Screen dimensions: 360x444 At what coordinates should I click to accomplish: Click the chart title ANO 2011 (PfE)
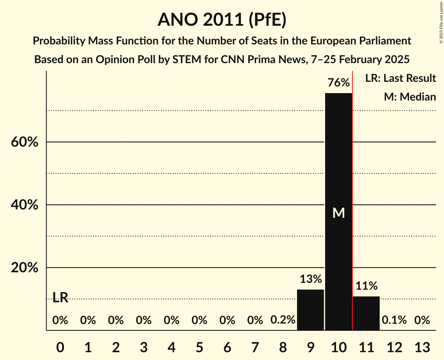222,19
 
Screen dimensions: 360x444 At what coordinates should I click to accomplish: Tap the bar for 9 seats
311,310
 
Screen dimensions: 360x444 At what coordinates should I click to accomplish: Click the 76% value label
338,83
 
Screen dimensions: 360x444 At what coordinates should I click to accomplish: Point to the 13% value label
311,279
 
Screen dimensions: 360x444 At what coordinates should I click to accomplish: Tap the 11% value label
366,286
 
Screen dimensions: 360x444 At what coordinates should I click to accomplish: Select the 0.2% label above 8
283,320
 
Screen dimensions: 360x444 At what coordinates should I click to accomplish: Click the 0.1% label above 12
394,320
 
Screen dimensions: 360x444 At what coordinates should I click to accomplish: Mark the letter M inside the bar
338,213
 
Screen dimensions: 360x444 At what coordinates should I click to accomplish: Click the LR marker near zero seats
60,298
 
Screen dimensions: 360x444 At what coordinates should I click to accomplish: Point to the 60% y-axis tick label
25,142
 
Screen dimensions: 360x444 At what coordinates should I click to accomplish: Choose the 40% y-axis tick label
25,205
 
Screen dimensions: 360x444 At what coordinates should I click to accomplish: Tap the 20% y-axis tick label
25,268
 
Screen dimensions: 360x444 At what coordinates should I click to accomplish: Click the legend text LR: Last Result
400,78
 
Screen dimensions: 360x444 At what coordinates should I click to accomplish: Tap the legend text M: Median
410,97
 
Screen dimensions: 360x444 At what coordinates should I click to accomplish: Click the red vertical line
352,195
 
